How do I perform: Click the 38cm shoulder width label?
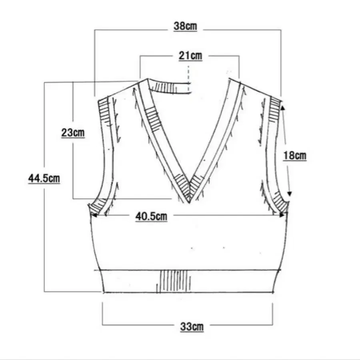point(185,26)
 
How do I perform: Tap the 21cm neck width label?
point(190,56)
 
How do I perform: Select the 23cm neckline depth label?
point(73,133)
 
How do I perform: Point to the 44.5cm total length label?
point(44,178)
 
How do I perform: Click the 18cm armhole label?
point(295,156)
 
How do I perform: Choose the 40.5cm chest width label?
point(151,216)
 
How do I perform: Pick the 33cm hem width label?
point(192,326)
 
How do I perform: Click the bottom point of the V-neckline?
point(189,203)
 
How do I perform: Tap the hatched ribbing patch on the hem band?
point(174,281)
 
